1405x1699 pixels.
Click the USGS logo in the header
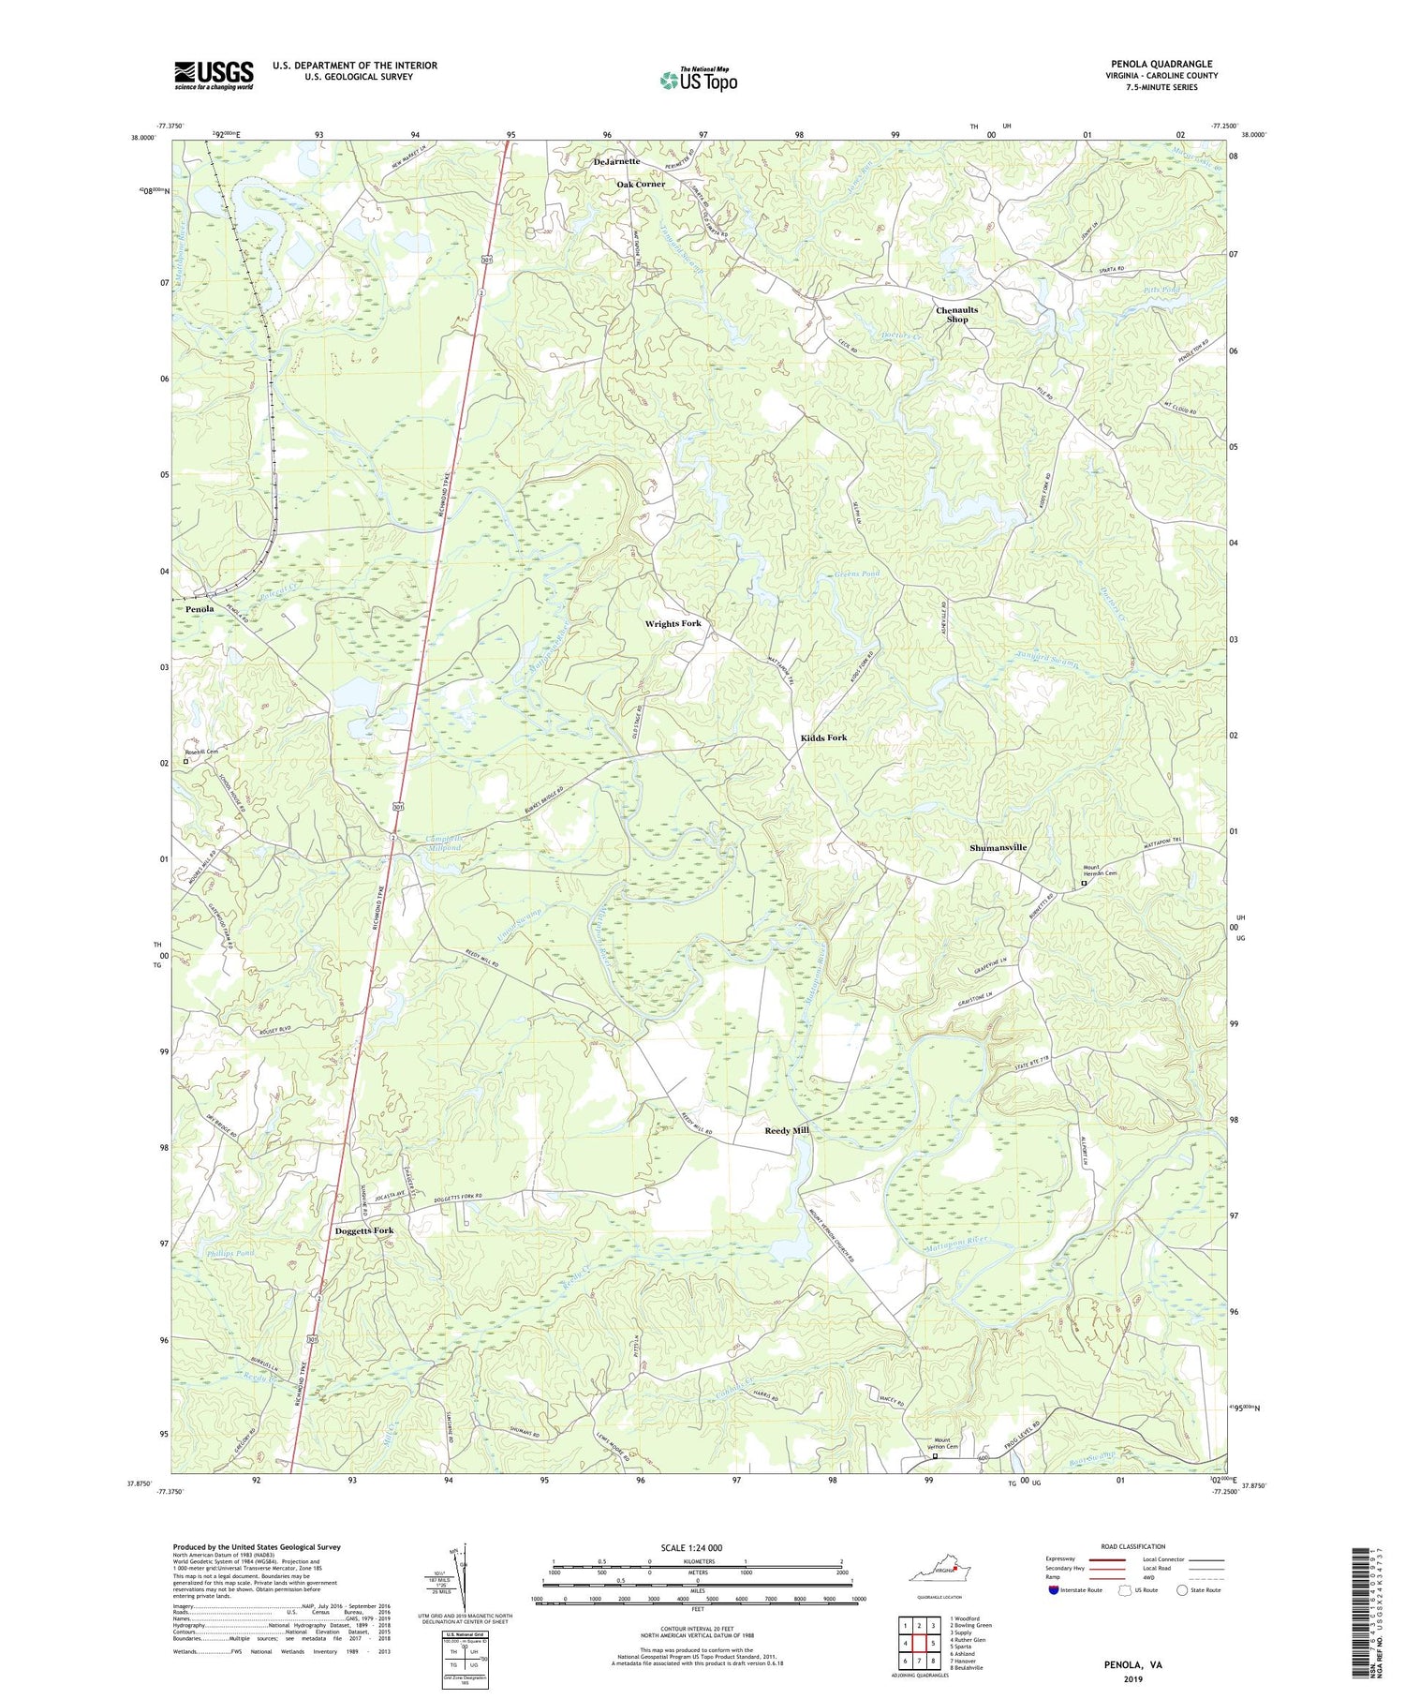pos(214,75)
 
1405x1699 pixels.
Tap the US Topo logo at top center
pos(698,80)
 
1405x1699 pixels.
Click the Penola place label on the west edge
pos(200,609)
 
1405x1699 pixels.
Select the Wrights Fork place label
pos(673,623)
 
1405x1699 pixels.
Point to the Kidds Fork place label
pos(823,738)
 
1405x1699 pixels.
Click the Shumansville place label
pos(998,847)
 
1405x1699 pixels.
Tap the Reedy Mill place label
pos(787,1130)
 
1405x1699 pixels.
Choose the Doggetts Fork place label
pos(364,1230)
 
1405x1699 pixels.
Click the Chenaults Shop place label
pos(956,315)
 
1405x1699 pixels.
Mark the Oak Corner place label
pos(641,184)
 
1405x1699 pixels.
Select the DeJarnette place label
pos(616,161)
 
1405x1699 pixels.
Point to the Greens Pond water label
pos(856,574)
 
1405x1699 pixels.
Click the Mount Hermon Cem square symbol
pos(1085,883)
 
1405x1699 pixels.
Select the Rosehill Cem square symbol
pos(185,762)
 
